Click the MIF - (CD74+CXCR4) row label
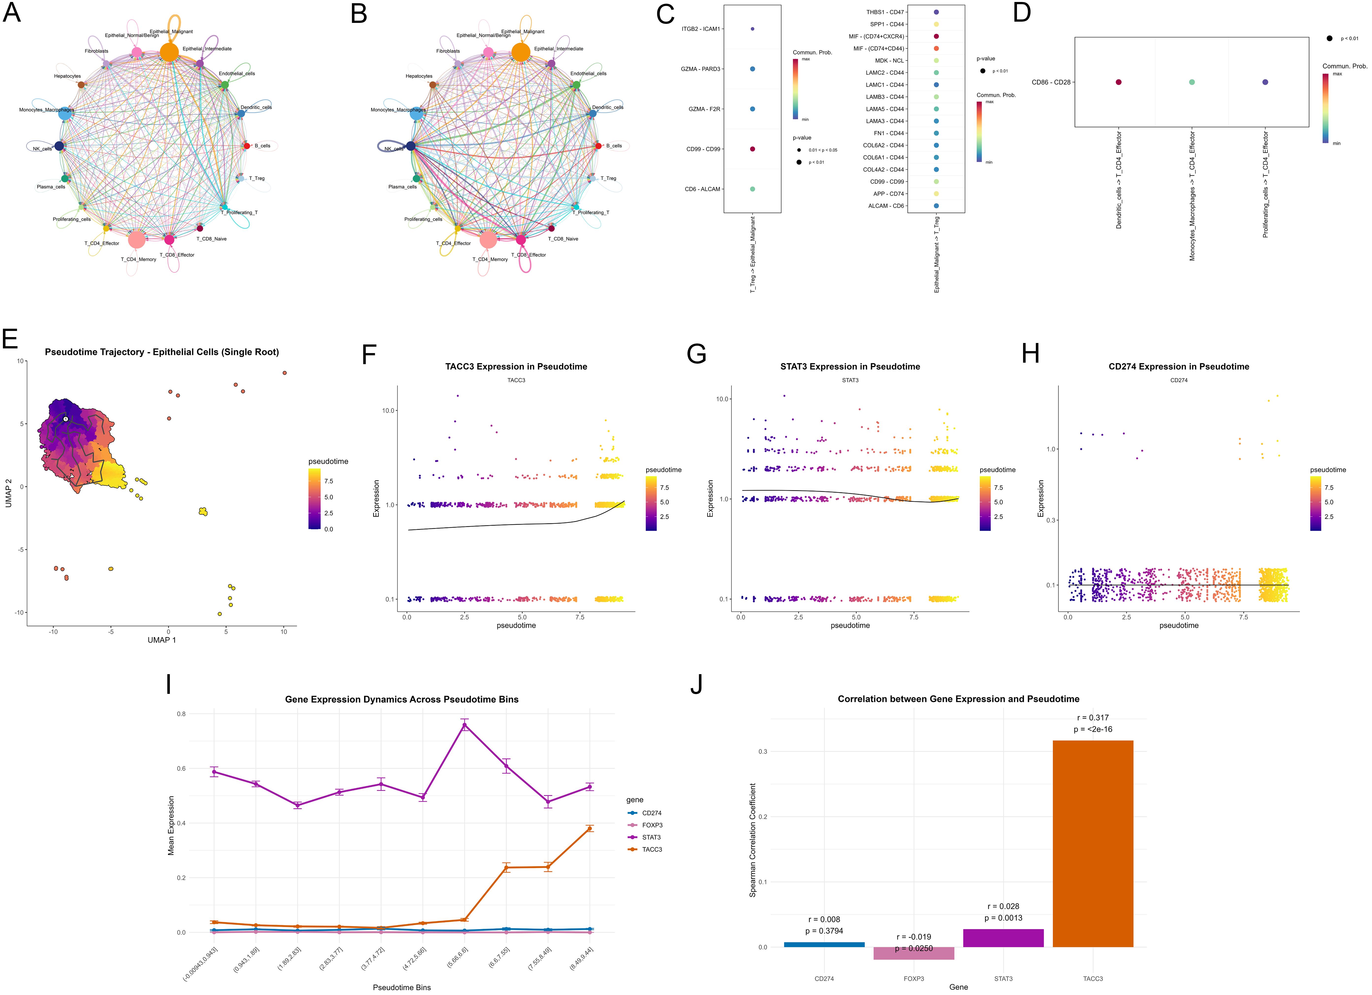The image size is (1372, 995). pos(876,36)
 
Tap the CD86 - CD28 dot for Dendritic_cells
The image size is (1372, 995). pos(1119,82)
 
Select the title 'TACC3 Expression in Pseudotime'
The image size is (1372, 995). pos(516,366)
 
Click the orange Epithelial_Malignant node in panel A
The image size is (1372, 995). pos(169,52)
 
